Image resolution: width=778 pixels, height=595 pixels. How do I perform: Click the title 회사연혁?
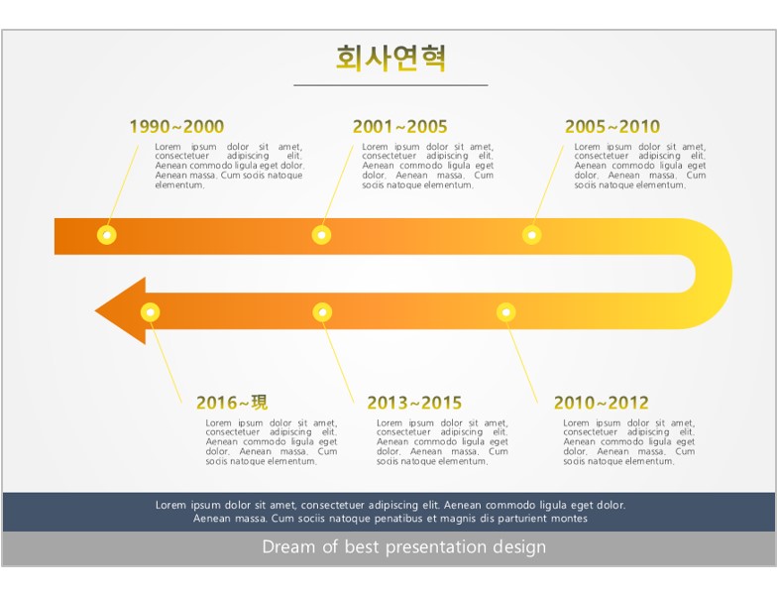391,58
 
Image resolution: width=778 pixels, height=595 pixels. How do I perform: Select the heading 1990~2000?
176,127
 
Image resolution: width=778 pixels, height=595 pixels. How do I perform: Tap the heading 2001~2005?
400,127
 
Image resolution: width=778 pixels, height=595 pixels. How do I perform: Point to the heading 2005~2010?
612,127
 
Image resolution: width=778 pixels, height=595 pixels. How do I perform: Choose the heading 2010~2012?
602,403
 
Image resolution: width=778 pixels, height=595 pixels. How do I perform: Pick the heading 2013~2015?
414,403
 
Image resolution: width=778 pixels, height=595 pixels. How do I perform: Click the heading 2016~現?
232,403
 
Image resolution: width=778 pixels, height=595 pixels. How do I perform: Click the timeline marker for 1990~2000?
107,235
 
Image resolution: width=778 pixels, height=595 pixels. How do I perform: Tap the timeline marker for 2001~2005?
321,235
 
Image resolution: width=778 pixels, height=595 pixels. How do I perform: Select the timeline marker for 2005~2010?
532,235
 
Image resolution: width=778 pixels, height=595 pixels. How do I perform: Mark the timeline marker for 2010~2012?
506,312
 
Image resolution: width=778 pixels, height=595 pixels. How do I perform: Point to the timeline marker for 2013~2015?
322,312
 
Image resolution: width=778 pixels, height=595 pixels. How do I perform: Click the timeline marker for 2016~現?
151,312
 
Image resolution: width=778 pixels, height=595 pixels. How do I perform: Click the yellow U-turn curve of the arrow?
714,274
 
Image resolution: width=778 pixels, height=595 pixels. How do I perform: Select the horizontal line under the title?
390,85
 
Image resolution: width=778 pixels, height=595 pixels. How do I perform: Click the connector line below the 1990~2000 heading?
123,184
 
